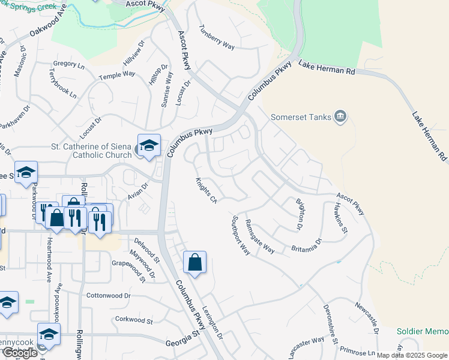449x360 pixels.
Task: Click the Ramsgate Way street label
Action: click(259, 236)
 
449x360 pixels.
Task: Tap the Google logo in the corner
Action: click(20, 353)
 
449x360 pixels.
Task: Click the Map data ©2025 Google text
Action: click(412, 355)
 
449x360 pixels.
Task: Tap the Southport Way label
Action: click(240, 235)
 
